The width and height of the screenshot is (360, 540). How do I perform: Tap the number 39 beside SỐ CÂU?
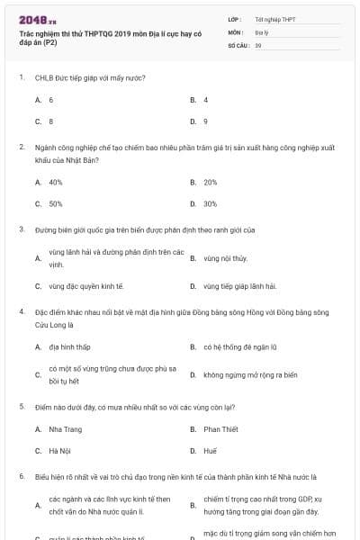point(258,44)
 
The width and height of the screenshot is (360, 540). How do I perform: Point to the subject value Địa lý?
point(260,31)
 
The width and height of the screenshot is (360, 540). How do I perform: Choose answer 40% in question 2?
point(56,182)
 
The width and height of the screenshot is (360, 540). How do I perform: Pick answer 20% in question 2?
point(211,182)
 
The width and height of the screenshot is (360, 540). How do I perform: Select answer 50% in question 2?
point(56,203)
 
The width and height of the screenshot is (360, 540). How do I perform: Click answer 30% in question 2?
point(211,203)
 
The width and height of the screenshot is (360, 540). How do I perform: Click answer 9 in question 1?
point(206,121)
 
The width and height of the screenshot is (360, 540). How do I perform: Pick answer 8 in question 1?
point(51,121)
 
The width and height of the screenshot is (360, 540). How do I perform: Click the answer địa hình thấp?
point(70,346)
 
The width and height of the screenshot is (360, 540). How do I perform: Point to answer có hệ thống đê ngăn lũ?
point(238,346)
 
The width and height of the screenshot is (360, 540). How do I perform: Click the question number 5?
point(21,407)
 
